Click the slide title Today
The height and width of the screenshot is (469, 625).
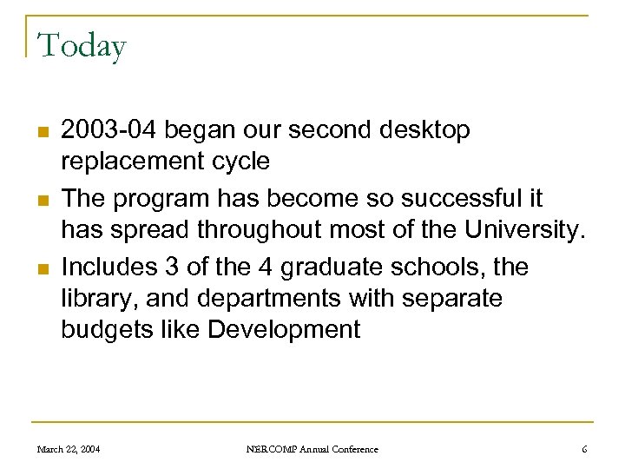(x=82, y=45)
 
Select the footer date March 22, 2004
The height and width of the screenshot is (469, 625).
(x=69, y=449)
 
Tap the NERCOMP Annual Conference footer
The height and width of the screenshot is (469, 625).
(x=312, y=449)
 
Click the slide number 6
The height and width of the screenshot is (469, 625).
(x=584, y=449)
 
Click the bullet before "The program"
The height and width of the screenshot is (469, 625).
(x=42, y=200)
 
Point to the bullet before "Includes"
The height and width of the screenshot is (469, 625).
(x=42, y=268)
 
